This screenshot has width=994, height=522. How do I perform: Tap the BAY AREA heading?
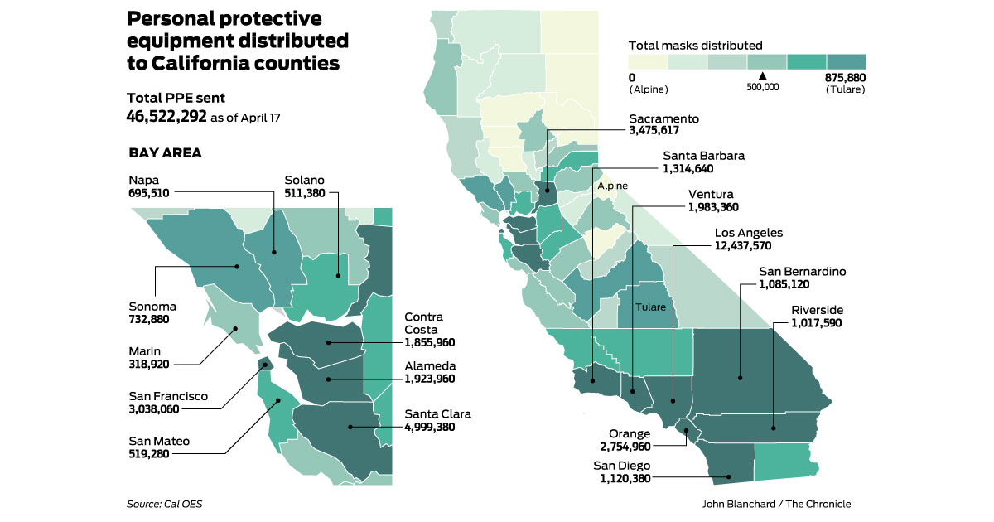point(166,153)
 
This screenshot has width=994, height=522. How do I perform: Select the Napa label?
point(142,179)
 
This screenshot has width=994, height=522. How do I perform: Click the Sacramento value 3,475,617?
point(664,130)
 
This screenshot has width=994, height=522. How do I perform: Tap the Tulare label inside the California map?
point(650,307)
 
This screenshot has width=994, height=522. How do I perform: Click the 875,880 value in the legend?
point(845,77)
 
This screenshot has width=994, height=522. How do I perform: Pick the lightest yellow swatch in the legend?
point(648,61)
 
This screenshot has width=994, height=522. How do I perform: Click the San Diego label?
point(621,465)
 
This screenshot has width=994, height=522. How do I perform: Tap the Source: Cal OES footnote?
point(164,504)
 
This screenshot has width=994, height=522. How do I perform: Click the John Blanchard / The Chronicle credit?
point(776,504)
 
